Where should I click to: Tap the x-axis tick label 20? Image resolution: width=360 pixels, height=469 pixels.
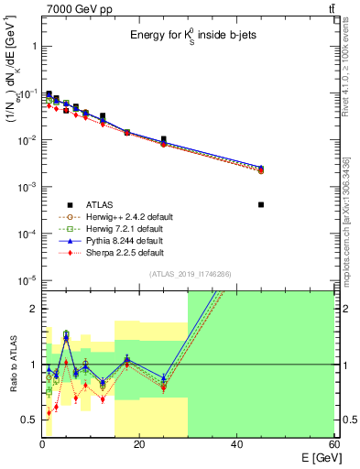click(x=138, y=445)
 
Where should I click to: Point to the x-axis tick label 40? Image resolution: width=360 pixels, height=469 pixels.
click(x=236, y=445)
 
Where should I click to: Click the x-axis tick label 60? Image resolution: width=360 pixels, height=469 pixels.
click(x=333, y=445)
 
